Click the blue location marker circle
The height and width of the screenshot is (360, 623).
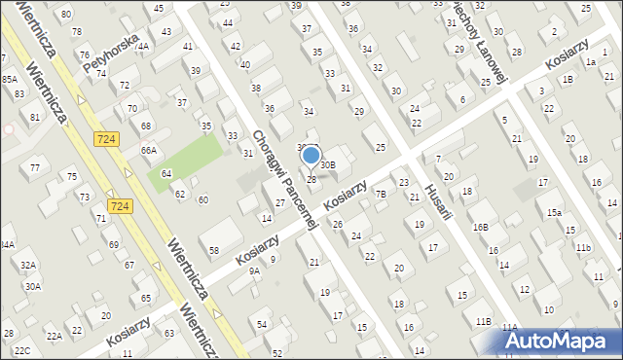point(311,155)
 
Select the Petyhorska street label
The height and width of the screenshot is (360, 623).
point(107,56)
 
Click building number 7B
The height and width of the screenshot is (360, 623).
point(382,195)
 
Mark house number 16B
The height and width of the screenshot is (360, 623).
point(480,228)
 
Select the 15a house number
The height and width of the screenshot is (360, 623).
point(554,213)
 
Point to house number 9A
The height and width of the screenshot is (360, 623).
point(254,271)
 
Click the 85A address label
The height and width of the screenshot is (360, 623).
point(9,79)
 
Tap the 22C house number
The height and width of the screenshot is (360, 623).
point(21,350)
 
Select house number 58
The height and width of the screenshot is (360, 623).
point(214,250)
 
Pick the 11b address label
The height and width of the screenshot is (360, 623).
point(582,248)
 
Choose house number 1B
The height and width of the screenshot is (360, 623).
point(567,80)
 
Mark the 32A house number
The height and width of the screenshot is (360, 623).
point(28,265)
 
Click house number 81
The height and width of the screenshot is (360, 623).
point(35,117)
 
